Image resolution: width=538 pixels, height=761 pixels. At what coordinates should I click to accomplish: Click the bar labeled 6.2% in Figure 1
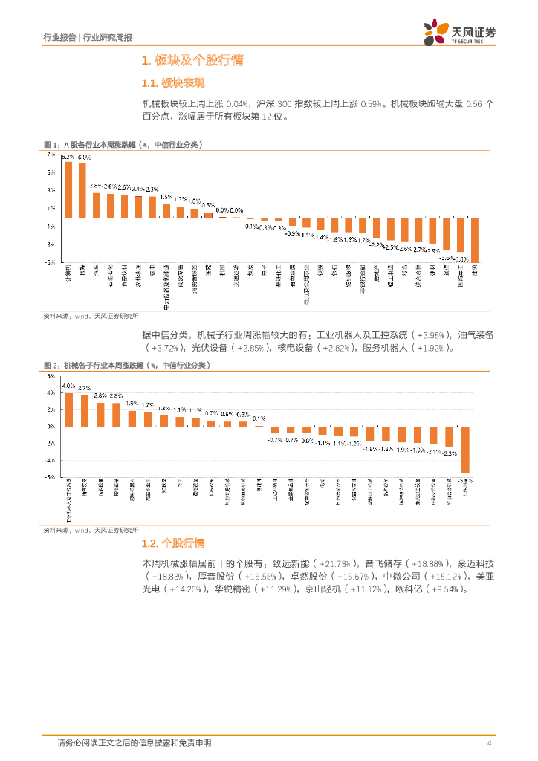[x=68, y=190]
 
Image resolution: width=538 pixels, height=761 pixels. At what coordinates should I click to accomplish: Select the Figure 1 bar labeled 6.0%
[x=82, y=191]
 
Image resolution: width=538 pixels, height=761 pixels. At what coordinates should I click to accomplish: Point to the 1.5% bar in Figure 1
[x=166, y=210]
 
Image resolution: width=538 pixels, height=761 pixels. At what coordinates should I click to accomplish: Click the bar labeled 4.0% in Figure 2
[x=68, y=409]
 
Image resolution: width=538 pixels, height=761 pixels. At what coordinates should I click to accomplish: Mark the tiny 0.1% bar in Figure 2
[x=259, y=426]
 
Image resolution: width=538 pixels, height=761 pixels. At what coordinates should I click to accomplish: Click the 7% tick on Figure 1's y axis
[x=51, y=155]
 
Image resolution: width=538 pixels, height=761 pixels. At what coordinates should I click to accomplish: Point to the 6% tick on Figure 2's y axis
[x=51, y=376]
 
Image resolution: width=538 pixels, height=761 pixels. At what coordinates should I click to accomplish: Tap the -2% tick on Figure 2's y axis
[x=51, y=444]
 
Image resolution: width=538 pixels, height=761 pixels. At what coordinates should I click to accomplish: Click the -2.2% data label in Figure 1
[x=377, y=244]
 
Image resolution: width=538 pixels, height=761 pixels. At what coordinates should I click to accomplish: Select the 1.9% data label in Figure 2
[x=132, y=404]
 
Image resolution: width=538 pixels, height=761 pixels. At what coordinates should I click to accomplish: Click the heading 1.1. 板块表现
[x=172, y=82]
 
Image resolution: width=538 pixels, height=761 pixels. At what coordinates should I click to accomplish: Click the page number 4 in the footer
[x=489, y=742]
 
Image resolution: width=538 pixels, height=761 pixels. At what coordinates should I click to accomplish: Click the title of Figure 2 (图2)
[x=126, y=365]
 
